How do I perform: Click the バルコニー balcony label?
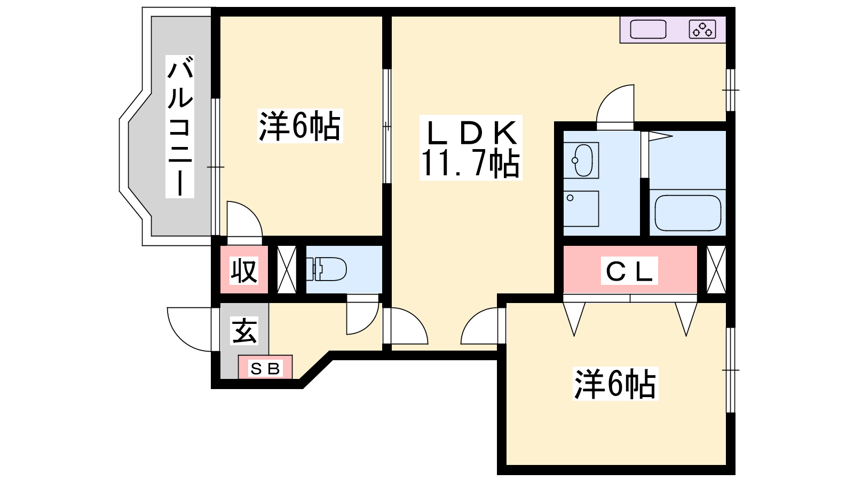coord(179,126)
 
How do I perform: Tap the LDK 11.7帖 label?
coord(471,148)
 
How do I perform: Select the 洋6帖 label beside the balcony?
coord(300,126)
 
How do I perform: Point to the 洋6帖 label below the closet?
coord(615,383)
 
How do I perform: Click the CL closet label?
coord(629,270)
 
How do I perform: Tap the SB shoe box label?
coord(265,369)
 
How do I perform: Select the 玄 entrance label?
coord(244,331)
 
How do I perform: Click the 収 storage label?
coord(244,270)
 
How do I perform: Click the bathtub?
coord(688,213)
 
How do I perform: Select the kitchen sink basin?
coord(648,29)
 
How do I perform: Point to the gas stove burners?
coord(702,29)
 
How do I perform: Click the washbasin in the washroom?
coord(581,160)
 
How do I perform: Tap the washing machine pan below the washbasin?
coord(581,208)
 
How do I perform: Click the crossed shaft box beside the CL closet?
coord(716,269)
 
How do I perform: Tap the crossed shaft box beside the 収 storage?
coord(287,269)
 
